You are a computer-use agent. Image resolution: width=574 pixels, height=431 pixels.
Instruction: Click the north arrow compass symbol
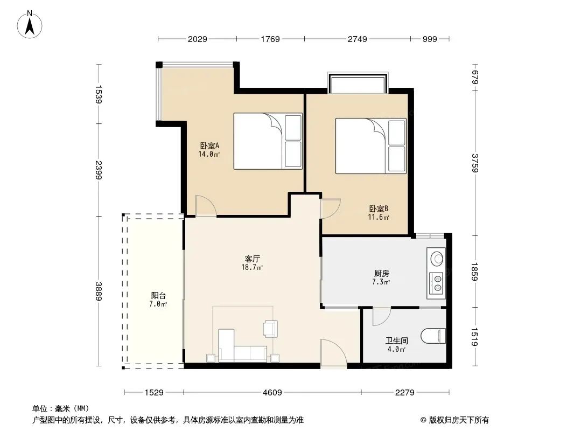[x=30, y=25]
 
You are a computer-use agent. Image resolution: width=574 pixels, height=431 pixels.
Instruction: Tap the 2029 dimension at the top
[x=197, y=39]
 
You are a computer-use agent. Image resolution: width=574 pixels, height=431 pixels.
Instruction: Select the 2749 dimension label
[x=358, y=39]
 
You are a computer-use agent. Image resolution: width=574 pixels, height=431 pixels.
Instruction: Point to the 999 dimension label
[x=430, y=39]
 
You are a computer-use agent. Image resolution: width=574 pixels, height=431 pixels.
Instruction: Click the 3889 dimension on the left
[x=99, y=291]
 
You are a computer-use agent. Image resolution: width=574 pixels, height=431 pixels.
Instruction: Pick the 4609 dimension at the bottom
[x=272, y=393]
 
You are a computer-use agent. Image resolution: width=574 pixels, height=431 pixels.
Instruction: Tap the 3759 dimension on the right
[x=475, y=163]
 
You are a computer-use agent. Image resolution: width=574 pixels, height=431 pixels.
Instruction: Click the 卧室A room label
[x=209, y=146]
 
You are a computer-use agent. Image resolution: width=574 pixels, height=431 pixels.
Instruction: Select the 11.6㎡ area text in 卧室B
[x=379, y=217]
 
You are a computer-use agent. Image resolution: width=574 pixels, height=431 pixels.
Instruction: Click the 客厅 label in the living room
[x=252, y=259]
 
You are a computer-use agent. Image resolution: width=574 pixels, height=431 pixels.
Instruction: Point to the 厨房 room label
[x=381, y=274]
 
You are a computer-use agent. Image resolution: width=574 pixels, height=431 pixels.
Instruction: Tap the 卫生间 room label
[x=396, y=341]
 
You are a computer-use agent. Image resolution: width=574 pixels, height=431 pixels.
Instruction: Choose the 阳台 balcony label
[x=158, y=296]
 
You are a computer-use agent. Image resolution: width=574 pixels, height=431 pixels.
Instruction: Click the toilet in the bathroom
[x=433, y=336]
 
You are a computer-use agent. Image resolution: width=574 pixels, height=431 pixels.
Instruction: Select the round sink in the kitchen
[x=436, y=259]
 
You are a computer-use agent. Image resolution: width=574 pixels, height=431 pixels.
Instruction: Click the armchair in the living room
[x=270, y=329]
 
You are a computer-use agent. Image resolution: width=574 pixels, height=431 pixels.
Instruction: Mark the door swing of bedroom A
[x=206, y=206]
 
